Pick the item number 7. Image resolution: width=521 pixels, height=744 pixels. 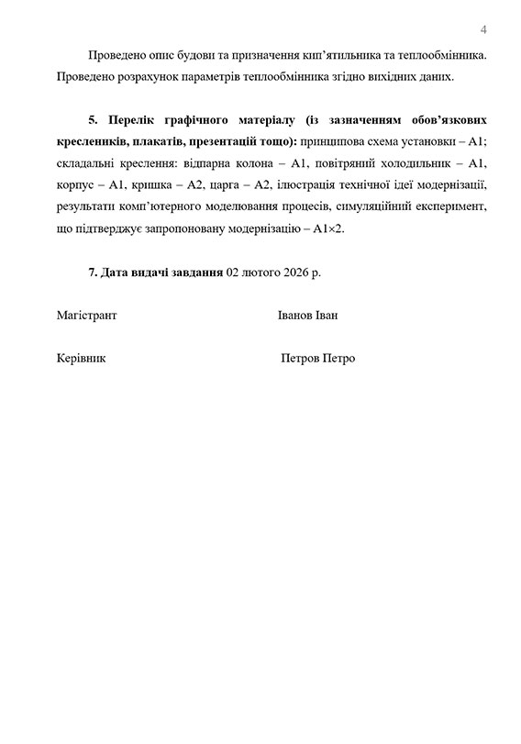pyautogui.click(x=92, y=273)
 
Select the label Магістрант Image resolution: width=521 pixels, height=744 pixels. pyautogui.click(x=86, y=316)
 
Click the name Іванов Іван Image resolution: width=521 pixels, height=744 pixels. pyautogui.click(x=307, y=316)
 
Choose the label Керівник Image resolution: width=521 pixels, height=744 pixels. pyautogui.click(x=81, y=359)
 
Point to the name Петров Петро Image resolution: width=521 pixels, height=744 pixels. pyautogui.click(x=317, y=359)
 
